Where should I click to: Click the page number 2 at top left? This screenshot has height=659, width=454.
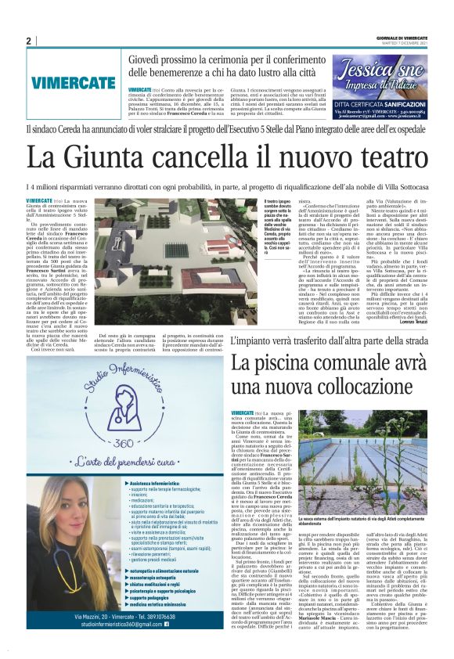pos(28,41)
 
